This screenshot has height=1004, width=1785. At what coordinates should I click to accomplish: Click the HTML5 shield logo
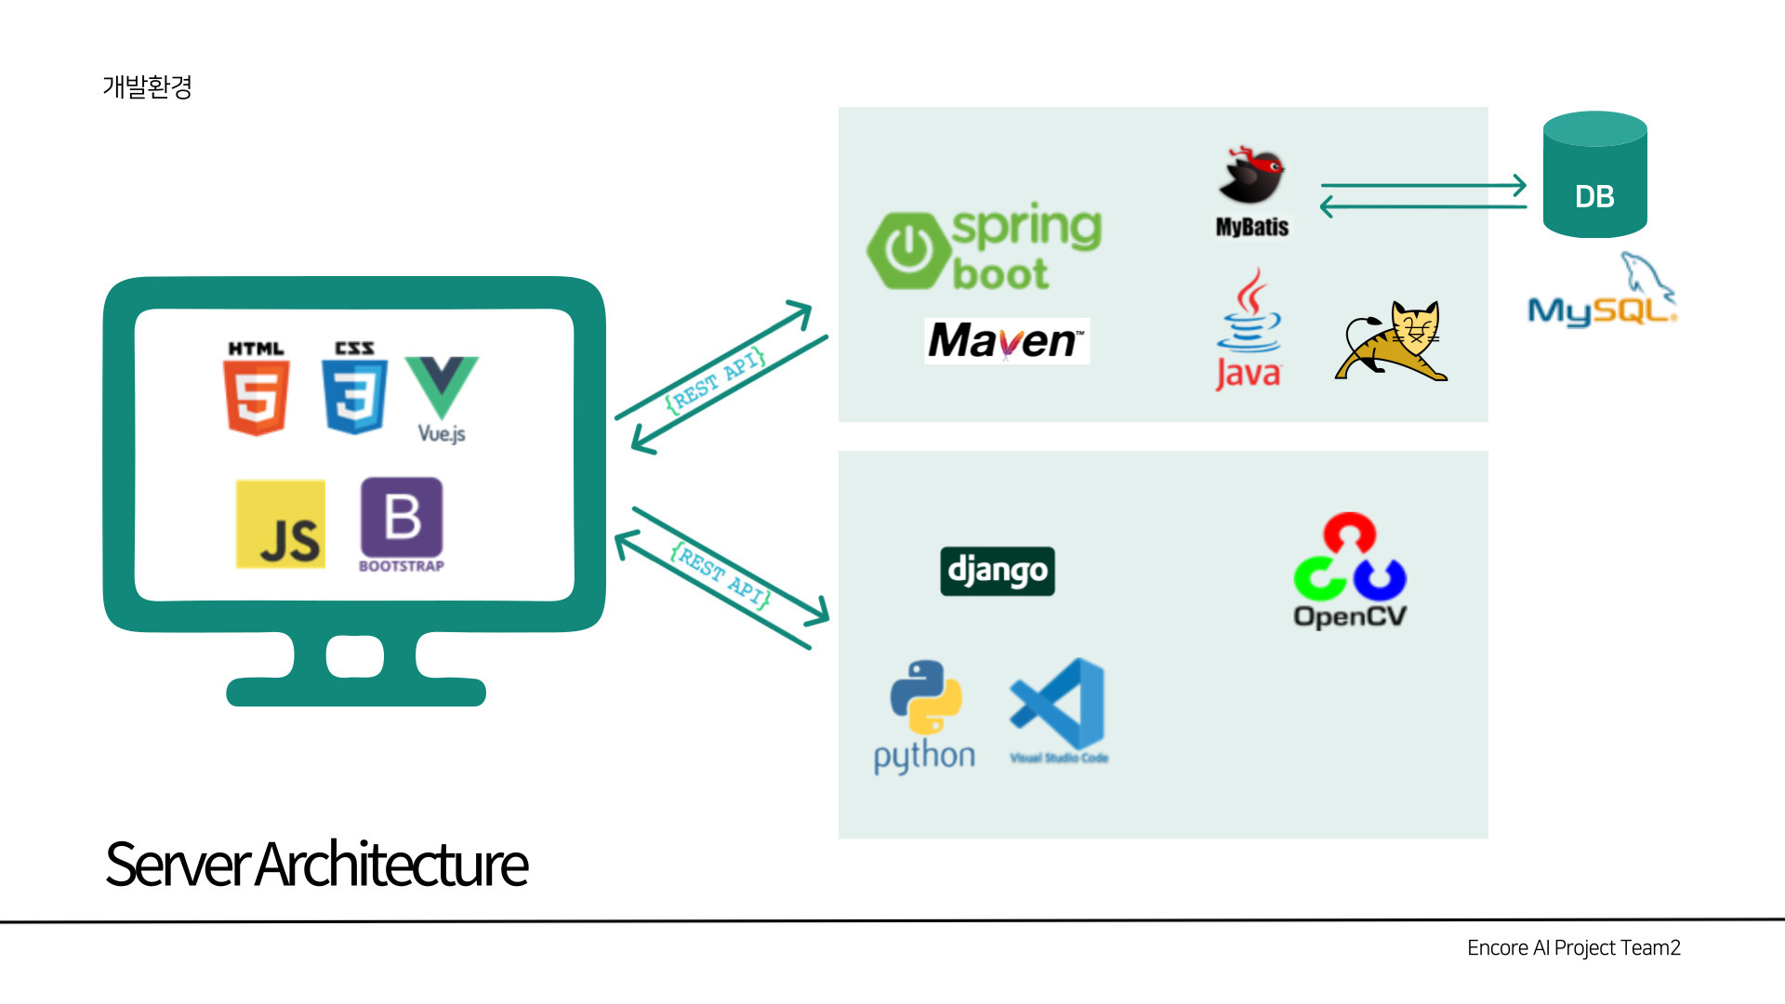point(256,397)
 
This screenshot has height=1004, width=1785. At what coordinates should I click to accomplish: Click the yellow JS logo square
point(281,524)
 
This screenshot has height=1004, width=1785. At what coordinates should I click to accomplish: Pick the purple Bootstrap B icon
point(402,518)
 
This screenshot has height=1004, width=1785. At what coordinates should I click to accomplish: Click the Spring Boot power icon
point(907,250)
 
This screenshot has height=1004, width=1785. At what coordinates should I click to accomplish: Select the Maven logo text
point(1007,341)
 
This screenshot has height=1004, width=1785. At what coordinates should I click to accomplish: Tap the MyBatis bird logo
point(1251,176)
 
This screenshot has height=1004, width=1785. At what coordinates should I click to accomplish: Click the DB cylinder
point(1594,177)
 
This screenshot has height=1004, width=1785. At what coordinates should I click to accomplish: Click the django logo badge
point(998,571)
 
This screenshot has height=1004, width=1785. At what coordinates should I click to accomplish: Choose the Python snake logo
point(926,697)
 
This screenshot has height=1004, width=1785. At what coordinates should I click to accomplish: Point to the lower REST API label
point(721,575)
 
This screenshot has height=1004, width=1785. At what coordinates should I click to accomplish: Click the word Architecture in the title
point(391,865)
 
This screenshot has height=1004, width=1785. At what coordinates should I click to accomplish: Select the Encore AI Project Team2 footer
point(1573,948)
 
